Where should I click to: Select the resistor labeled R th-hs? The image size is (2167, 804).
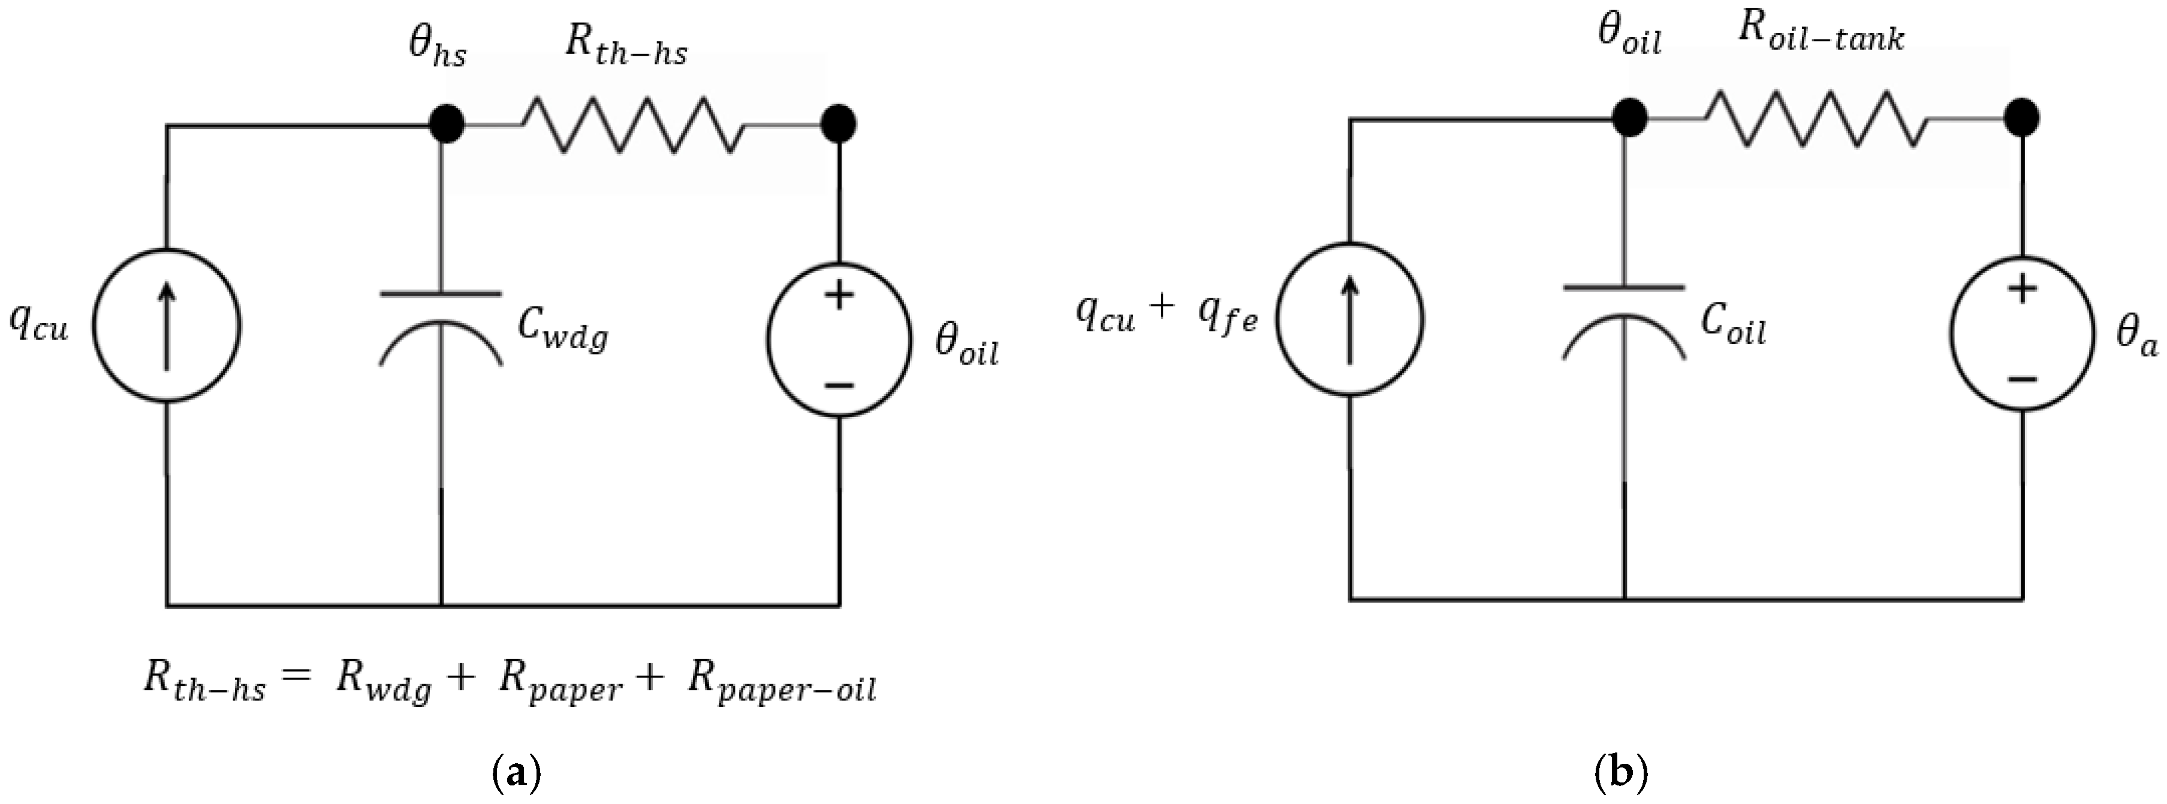[x=632, y=125]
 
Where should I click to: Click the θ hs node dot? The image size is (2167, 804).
[x=446, y=125]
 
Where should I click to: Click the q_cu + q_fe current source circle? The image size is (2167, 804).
[x=1349, y=319]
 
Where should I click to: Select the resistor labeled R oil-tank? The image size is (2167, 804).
[x=1817, y=119]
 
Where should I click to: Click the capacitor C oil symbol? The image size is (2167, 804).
[x=1623, y=324]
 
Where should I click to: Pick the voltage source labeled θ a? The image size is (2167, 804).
[x=2023, y=333]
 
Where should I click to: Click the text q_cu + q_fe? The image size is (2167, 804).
[x=1166, y=315]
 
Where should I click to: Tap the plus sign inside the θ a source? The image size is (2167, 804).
[x=2023, y=289]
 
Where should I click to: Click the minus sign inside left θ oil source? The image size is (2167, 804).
[x=840, y=385]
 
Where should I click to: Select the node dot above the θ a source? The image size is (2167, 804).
[x=2021, y=118]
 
